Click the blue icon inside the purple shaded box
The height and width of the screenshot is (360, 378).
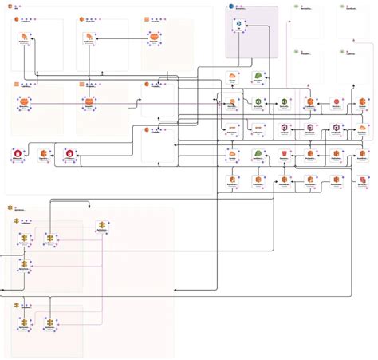238,26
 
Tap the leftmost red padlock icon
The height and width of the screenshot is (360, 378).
17,153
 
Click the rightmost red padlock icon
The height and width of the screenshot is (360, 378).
70,153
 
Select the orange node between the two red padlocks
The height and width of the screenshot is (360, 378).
43,153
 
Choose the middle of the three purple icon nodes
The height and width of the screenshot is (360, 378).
311,128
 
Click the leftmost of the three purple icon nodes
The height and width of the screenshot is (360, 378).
285,128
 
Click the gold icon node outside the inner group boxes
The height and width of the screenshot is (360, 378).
100,225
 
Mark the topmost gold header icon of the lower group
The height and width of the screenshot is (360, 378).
11,207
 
